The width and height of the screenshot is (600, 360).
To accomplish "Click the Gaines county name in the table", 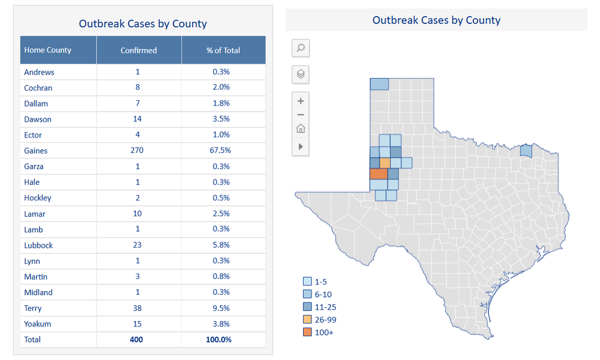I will (35, 151).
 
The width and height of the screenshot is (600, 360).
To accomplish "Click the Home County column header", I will (47, 50).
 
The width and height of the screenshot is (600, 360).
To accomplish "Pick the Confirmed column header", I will (139, 50).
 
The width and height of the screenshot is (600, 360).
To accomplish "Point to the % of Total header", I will (223, 50).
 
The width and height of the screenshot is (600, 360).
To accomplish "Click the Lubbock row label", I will (38, 245).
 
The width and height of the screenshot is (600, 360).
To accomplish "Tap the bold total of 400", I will (137, 340).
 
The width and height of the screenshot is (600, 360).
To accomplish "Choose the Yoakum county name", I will (37, 324).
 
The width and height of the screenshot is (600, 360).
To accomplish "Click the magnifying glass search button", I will (301, 48).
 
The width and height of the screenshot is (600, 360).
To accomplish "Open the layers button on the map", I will (301, 74).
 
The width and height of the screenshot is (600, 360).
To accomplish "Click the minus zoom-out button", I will (301, 115).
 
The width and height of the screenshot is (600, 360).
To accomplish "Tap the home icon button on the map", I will (301, 128).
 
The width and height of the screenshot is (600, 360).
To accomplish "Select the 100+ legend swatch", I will (307, 332).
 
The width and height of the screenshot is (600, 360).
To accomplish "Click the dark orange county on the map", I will (378, 174).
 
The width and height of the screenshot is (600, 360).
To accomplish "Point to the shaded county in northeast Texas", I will (526, 151).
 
